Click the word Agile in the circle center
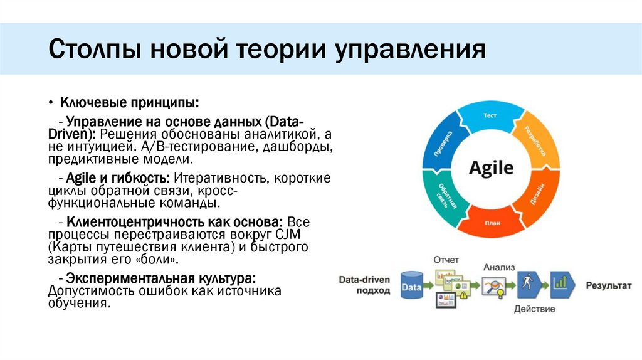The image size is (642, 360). click(491, 168)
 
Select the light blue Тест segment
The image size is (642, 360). click(490, 116)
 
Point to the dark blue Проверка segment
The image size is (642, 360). click(446, 141)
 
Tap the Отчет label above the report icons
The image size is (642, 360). click(445, 259)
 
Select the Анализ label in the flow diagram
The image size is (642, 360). click(498, 267)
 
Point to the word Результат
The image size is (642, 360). click(608, 285)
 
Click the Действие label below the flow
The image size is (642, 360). click(534, 309)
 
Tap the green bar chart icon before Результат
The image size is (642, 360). click(562, 285)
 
